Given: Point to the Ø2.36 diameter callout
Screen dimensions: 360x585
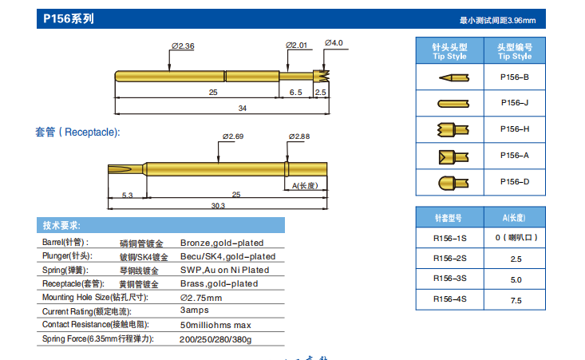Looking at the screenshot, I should click(x=183, y=46).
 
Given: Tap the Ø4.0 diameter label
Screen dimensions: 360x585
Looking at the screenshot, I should click(x=334, y=42).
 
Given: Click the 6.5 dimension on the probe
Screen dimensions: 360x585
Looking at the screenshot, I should click(x=295, y=93).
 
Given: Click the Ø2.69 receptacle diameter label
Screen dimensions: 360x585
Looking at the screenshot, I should click(x=232, y=136).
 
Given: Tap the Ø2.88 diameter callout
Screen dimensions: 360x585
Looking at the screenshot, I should click(x=300, y=136).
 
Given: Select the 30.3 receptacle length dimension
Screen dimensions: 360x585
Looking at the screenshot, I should click(x=217, y=206).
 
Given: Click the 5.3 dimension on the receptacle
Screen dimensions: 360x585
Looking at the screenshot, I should click(x=127, y=195).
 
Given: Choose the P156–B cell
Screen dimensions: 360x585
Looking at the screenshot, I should click(x=515, y=77).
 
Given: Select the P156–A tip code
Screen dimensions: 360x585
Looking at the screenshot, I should click(x=515, y=155).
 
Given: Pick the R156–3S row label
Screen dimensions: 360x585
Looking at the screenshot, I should click(x=449, y=279).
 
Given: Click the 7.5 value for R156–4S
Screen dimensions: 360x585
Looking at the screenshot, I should click(x=516, y=300).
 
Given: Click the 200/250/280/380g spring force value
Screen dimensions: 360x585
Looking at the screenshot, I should click(x=215, y=339).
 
